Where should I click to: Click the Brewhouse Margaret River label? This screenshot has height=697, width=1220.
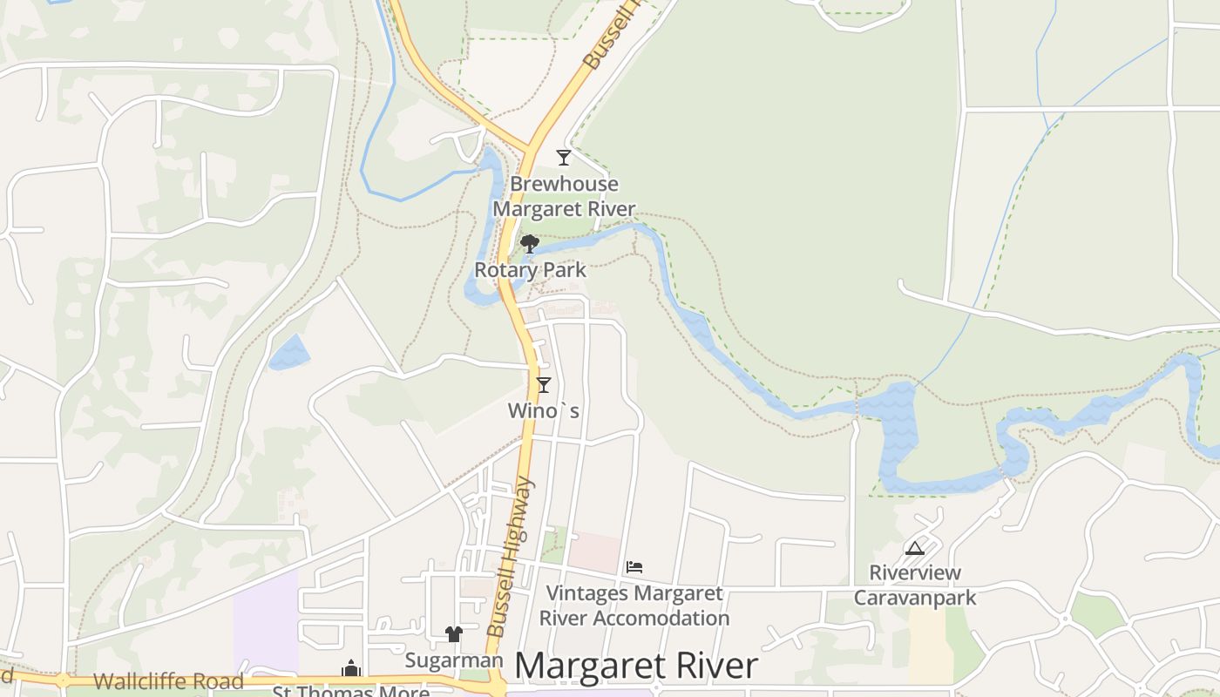point(564,197)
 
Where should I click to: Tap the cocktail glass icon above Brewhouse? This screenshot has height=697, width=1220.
point(564,158)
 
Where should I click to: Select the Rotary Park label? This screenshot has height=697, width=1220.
point(530,270)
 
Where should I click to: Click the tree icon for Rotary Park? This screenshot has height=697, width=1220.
point(529,244)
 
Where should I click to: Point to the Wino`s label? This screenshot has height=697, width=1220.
point(544,409)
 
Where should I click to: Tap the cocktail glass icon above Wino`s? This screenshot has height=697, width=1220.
point(544,384)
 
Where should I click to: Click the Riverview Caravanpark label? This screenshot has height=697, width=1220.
point(915,585)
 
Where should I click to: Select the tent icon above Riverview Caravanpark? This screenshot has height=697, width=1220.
point(914,548)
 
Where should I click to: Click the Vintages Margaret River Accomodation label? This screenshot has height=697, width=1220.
point(634,606)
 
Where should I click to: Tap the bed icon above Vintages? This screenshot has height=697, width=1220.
point(634,567)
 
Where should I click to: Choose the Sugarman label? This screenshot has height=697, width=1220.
point(454,660)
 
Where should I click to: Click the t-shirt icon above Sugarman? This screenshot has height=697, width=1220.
point(453,633)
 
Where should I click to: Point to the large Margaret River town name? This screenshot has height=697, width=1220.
point(636,667)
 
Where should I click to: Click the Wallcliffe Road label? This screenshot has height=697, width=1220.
point(168,680)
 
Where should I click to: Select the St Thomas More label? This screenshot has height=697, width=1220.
point(351,692)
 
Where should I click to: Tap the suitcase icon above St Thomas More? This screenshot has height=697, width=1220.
point(351,668)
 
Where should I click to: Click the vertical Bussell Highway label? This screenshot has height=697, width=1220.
point(512,558)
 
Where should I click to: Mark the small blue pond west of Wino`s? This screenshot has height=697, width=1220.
point(289,353)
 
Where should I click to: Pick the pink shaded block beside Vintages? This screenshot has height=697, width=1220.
point(594,552)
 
